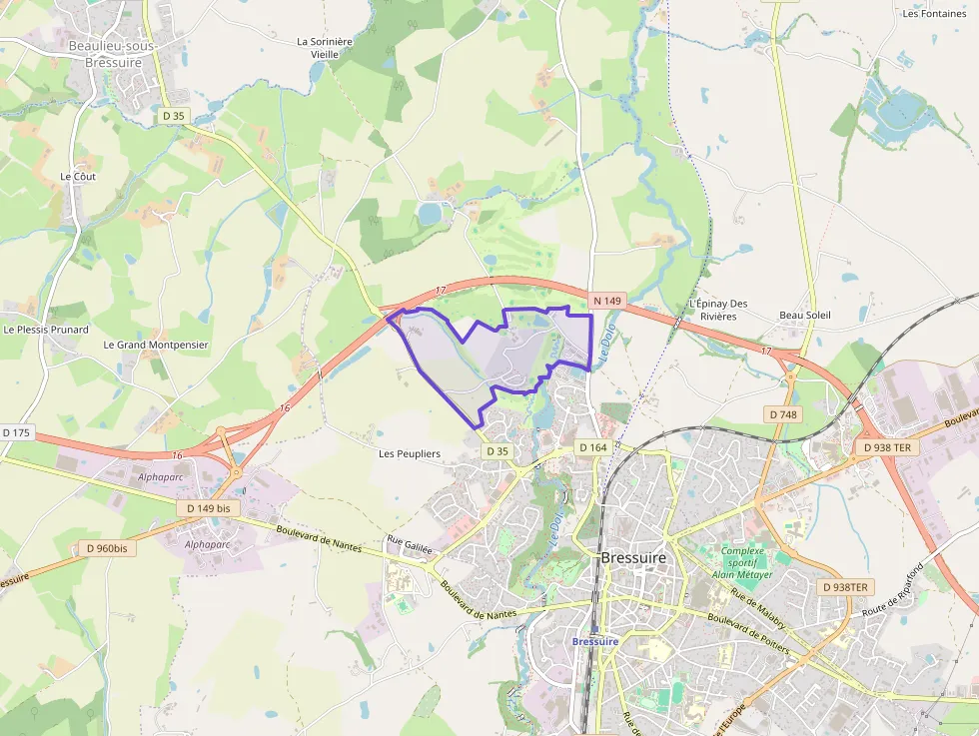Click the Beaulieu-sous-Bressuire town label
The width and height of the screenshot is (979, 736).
(105, 53)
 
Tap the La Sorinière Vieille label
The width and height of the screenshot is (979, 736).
(325, 47)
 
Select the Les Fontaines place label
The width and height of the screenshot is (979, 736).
(934, 14)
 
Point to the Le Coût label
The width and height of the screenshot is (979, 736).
(78, 176)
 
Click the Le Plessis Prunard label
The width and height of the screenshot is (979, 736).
(46, 330)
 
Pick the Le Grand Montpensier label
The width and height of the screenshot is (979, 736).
(156, 345)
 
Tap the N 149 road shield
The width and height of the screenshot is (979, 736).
(606, 300)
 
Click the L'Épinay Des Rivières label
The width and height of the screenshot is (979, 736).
(718, 310)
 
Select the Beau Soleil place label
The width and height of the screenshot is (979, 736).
(805, 316)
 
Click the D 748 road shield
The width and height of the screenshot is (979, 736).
(783, 413)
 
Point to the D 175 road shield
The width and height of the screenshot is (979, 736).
(17, 432)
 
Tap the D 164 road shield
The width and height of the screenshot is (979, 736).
(592, 447)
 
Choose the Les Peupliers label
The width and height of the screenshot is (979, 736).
(410, 453)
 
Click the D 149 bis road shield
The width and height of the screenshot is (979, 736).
(209, 508)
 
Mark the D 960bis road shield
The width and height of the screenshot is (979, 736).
(106, 548)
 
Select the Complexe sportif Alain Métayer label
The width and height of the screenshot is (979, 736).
(742, 562)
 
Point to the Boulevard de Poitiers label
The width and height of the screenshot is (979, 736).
(748, 634)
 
